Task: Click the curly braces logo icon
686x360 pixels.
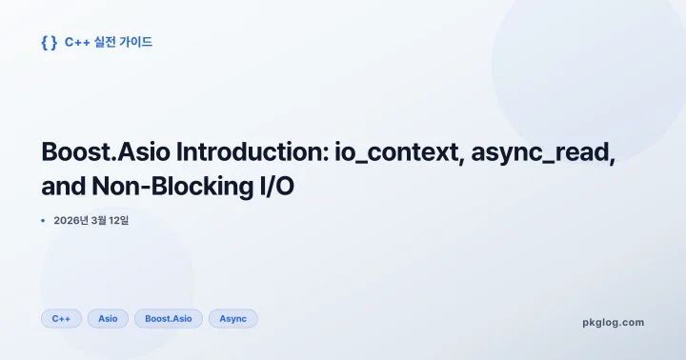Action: (x=50, y=42)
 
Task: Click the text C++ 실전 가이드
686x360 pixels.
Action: (x=108, y=42)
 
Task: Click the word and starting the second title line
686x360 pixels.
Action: (x=65, y=188)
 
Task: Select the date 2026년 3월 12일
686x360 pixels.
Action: (x=91, y=221)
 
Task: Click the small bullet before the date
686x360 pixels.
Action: (x=43, y=221)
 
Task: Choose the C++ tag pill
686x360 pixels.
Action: (x=61, y=319)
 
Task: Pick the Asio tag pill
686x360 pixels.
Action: (x=108, y=319)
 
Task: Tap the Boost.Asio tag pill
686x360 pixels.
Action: (x=169, y=319)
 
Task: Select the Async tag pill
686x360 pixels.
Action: (x=232, y=319)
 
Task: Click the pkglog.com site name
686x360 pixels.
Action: (x=613, y=322)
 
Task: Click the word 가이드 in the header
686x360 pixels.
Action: (x=135, y=42)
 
